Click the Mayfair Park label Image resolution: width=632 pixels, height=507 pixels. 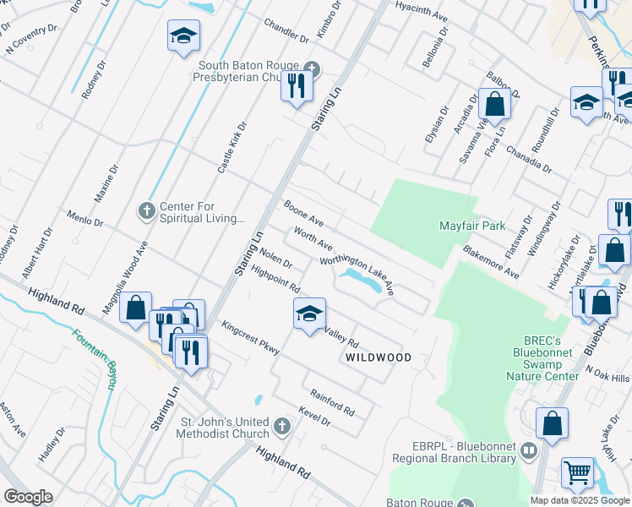point(472,226)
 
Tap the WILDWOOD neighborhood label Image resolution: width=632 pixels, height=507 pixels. point(379,357)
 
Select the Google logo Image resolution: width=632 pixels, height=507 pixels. point(28,497)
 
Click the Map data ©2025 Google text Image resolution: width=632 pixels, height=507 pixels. point(579,500)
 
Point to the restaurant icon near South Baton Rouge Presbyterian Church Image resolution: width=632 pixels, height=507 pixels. point(297,87)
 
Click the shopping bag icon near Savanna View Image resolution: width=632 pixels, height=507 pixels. point(495,104)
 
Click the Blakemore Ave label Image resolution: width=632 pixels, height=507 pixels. point(490,261)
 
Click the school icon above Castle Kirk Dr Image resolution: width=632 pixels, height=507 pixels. point(183,36)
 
